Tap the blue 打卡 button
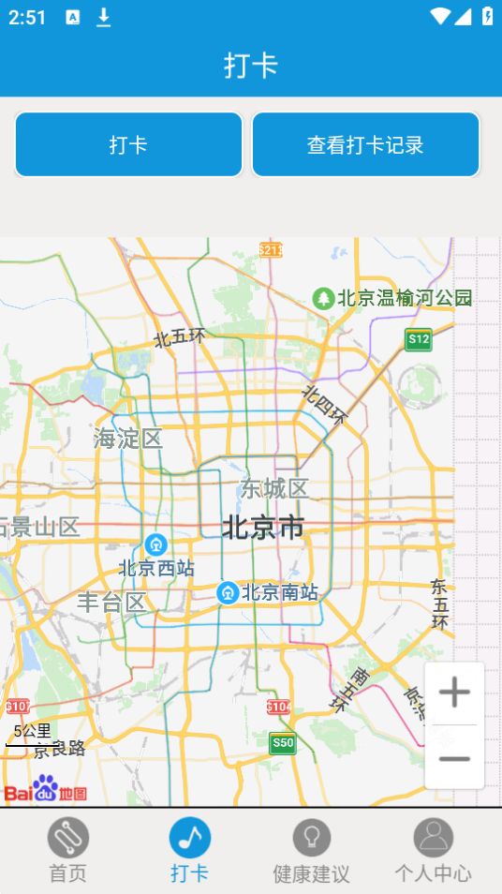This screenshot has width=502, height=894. pyautogui.click(x=128, y=144)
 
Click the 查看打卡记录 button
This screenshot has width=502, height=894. pyautogui.click(x=365, y=144)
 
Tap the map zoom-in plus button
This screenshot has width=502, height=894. pyautogui.click(x=454, y=693)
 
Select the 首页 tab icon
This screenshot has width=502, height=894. pyautogui.click(x=67, y=837)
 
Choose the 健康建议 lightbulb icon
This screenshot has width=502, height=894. pyautogui.click(x=311, y=837)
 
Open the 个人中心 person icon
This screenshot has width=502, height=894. pyautogui.click(x=433, y=837)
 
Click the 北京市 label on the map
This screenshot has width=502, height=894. pyautogui.click(x=263, y=528)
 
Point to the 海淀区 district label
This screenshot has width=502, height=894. pyautogui.click(x=128, y=438)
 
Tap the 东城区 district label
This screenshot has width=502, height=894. pyautogui.click(x=273, y=488)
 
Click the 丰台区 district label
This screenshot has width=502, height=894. pyautogui.click(x=111, y=602)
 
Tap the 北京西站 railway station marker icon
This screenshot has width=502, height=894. pyautogui.click(x=155, y=544)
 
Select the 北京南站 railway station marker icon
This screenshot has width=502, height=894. pyautogui.click(x=228, y=592)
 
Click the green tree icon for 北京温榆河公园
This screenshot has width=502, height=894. pyautogui.click(x=323, y=298)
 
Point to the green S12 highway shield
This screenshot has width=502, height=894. pyautogui.click(x=419, y=339)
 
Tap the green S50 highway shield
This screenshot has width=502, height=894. pyautogui.click(x=282, y=743)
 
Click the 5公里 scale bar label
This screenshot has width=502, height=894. pyautogui.click(x=32, y=731)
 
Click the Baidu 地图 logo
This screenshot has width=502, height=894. pyautogui.click(x=45, y=790)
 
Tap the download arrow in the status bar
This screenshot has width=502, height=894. pyautogui.click(x=104, y=17)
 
